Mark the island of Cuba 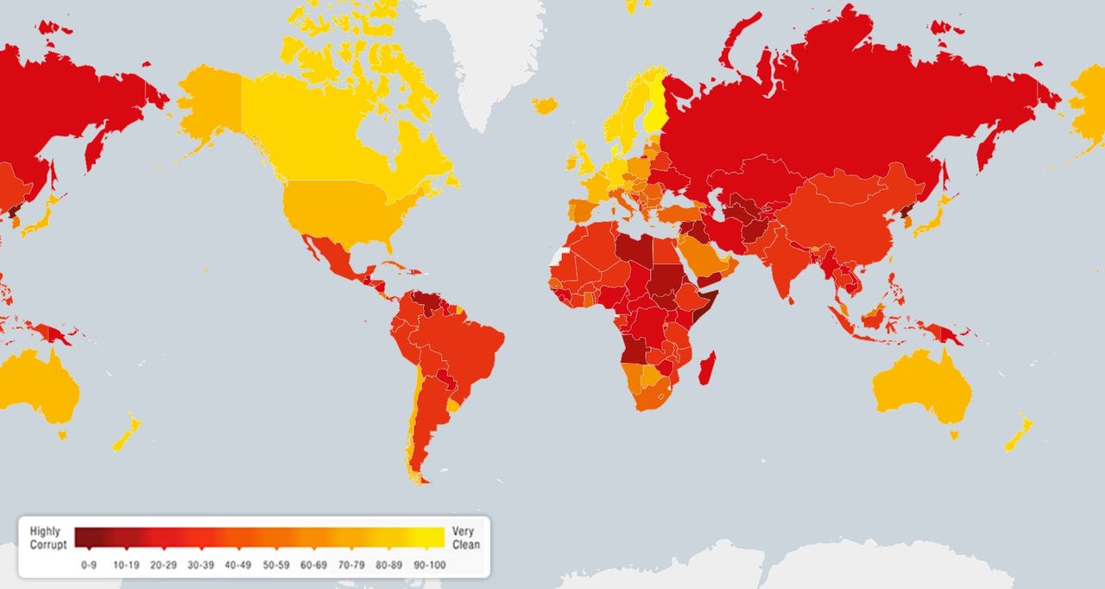point(393,265)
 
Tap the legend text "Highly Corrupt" point(48,538)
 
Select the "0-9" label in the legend point(89,565)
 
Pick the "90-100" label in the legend point(428,565)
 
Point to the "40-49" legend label point(239,565)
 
